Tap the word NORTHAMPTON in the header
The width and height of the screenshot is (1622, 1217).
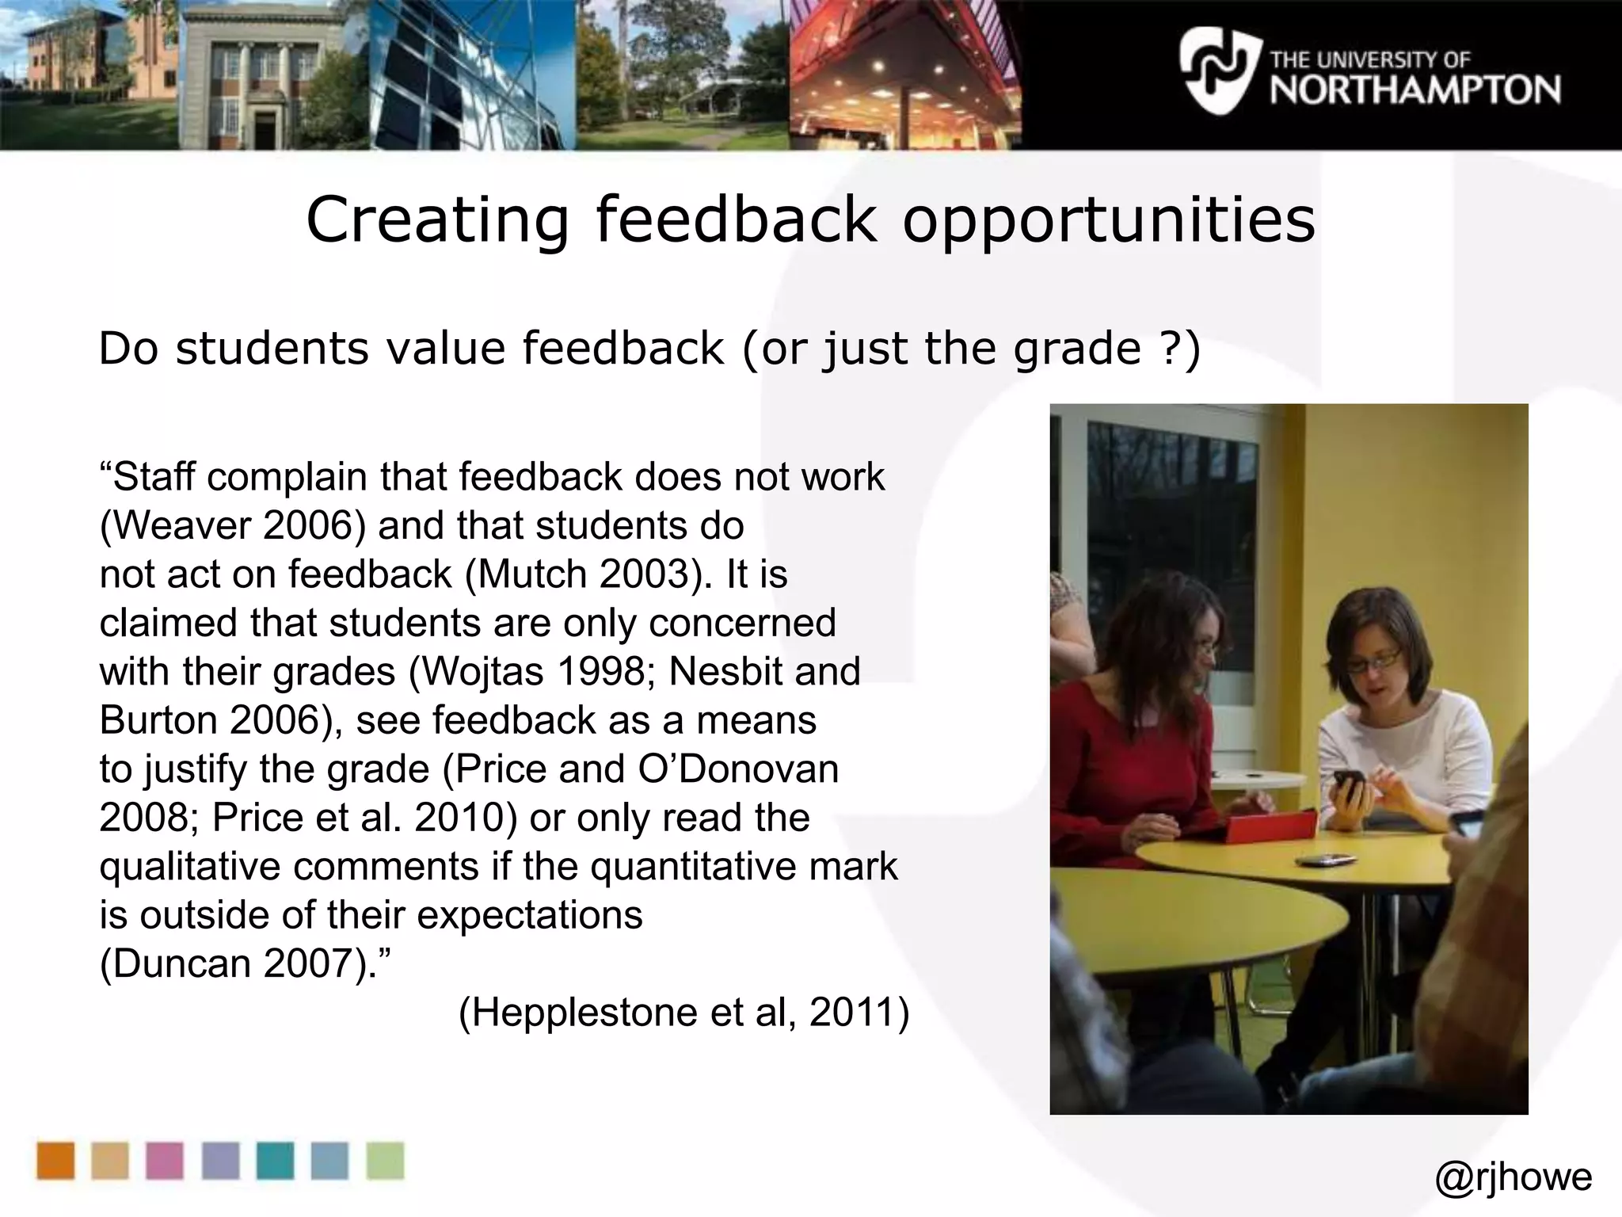pos(1415,90)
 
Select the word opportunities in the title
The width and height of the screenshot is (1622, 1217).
pos(1109,220)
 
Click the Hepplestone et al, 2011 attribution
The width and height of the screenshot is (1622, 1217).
pos(683,1013)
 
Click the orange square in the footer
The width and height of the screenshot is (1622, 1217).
pos(55,1161)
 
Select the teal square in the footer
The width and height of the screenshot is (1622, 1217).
pos(275,1161)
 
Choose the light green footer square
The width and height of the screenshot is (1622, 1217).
pos(385,1161)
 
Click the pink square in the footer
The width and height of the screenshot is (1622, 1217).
pos(165,1161)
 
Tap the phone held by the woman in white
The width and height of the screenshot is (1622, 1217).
pos(1347,784)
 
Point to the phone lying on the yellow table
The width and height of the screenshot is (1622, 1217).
pos(1325,860)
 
